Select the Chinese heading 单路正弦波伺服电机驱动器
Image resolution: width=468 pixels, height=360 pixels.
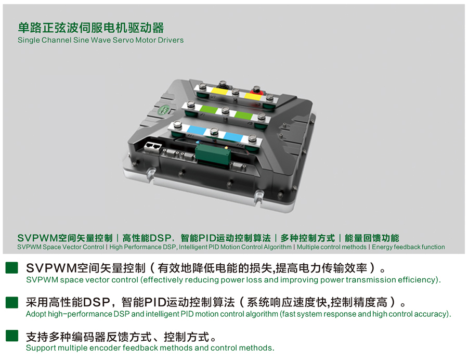coord(91,28)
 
